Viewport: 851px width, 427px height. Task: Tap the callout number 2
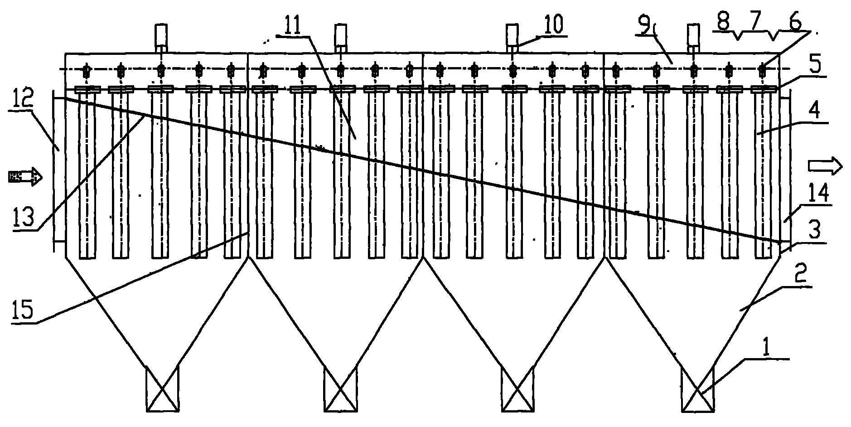pyautogui.click(x=801, y=276)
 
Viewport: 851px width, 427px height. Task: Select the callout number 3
pyautogui.click(x=814, y=231)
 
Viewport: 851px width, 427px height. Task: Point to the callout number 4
pyautogui.click(x=815, y=111)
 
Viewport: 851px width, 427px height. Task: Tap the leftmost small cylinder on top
pyautogui.click(x=161, y=34)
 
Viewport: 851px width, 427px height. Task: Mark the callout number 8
pyautogui.click(x=724, y=23)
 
